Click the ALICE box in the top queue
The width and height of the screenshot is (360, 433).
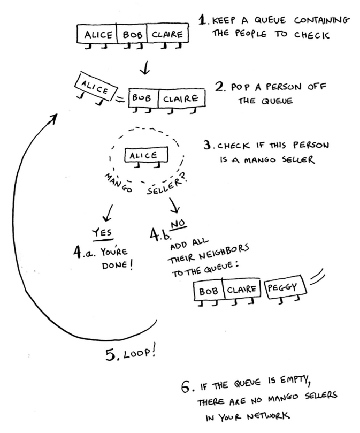pos(98,35)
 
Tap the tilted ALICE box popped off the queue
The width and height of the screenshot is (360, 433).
pos(94,86)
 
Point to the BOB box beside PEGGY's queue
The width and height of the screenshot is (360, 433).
pos(209,292)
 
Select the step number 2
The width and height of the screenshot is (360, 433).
pos(219,86)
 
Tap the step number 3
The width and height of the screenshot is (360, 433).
pos(209,145)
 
